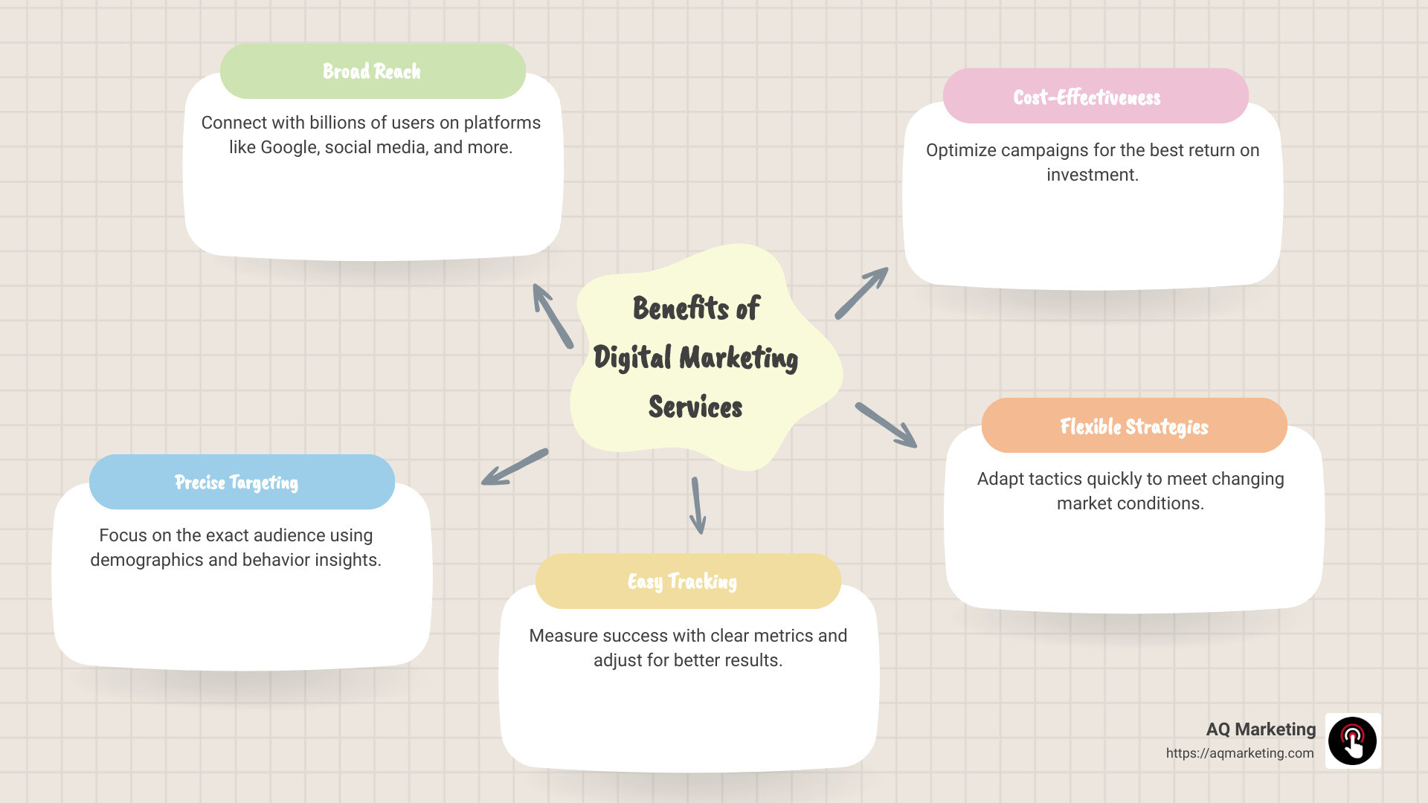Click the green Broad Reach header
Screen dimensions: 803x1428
coord(373,71)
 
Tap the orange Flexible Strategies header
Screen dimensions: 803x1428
coord(1133,426)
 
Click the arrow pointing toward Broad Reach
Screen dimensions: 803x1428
coord(552,315)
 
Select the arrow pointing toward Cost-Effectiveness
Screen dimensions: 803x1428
coord(861,294)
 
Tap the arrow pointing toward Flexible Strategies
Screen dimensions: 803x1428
coord(886,425)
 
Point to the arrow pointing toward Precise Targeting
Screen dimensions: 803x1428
coord(515,468)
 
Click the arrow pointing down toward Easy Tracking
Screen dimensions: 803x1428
coord(697,506)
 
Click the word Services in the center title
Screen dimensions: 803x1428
coord(695,407)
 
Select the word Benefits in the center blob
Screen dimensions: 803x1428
coord(681,309)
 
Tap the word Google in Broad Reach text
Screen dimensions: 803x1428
coord(289,147)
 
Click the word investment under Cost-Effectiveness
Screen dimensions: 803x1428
coord(1092,175)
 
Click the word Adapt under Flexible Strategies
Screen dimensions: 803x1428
coord(1000,479)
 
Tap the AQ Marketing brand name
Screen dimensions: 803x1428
coord(1260,729)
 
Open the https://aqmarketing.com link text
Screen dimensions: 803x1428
coord(1239,753)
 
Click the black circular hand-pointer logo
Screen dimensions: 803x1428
coord(1352,741)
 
